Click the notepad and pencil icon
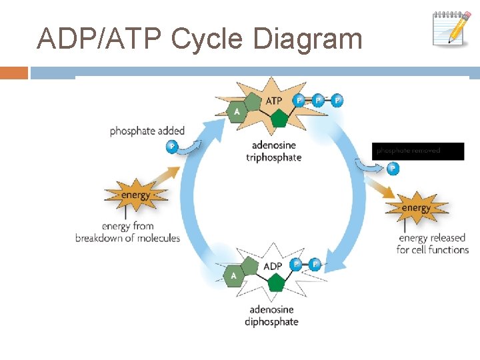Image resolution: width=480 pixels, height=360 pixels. tap(452, 27)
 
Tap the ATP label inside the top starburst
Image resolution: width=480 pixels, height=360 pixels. tap(274, 101)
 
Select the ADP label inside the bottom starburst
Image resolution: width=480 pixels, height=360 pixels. tap(273, 266)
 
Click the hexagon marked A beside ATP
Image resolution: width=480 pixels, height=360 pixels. tap(237, 111)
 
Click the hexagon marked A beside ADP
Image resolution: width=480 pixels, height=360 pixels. tap(234, 275)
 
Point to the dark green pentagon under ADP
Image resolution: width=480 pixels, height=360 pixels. tap(275, 285)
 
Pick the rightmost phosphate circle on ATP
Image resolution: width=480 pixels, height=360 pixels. tap(337, 100)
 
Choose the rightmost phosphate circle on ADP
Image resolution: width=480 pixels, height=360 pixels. tap(315, 265)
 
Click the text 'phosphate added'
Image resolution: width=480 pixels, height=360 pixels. tap(147, 131)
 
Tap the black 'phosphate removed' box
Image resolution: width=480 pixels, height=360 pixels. tap(417, 151)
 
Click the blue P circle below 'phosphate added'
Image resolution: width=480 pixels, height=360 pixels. tap(173, 146)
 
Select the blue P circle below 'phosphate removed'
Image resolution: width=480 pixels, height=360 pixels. tap(393, 169)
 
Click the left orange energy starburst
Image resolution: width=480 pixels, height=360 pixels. tap(136, 195)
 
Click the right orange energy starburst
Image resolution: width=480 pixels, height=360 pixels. tap(416, 208)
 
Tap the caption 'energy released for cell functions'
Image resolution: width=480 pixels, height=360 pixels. tap(433, 243)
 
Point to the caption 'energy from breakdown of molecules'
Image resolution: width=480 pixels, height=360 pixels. tap(128, 232)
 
